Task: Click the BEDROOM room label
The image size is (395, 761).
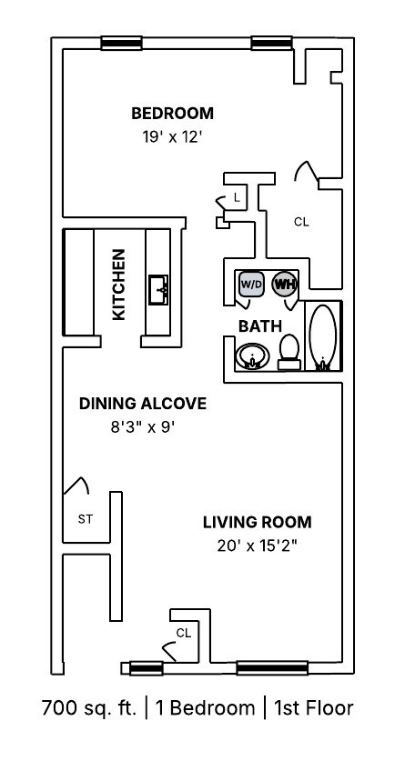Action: [172, 114]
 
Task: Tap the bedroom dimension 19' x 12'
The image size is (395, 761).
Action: [172, 139]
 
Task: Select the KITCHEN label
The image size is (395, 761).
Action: [118, 285]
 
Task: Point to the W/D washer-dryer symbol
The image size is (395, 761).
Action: [251, 284]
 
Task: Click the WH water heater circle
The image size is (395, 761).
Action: [284, 284]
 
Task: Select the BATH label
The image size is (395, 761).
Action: [259, 325]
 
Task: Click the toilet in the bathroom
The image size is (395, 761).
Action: [289, 352]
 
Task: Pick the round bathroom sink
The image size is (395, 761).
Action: [250, 355]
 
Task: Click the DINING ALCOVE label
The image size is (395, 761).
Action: [142, 404]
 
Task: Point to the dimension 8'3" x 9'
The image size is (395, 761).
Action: [142, 426]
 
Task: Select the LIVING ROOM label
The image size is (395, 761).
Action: [257, 522]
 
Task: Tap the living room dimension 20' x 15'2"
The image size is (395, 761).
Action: [257, 546]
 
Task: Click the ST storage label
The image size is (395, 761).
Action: [85, 520]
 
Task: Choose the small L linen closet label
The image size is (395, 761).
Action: [237, 196]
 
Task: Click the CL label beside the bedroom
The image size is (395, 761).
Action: [300, 221]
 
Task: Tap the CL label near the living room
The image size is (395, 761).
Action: [183, 632]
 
